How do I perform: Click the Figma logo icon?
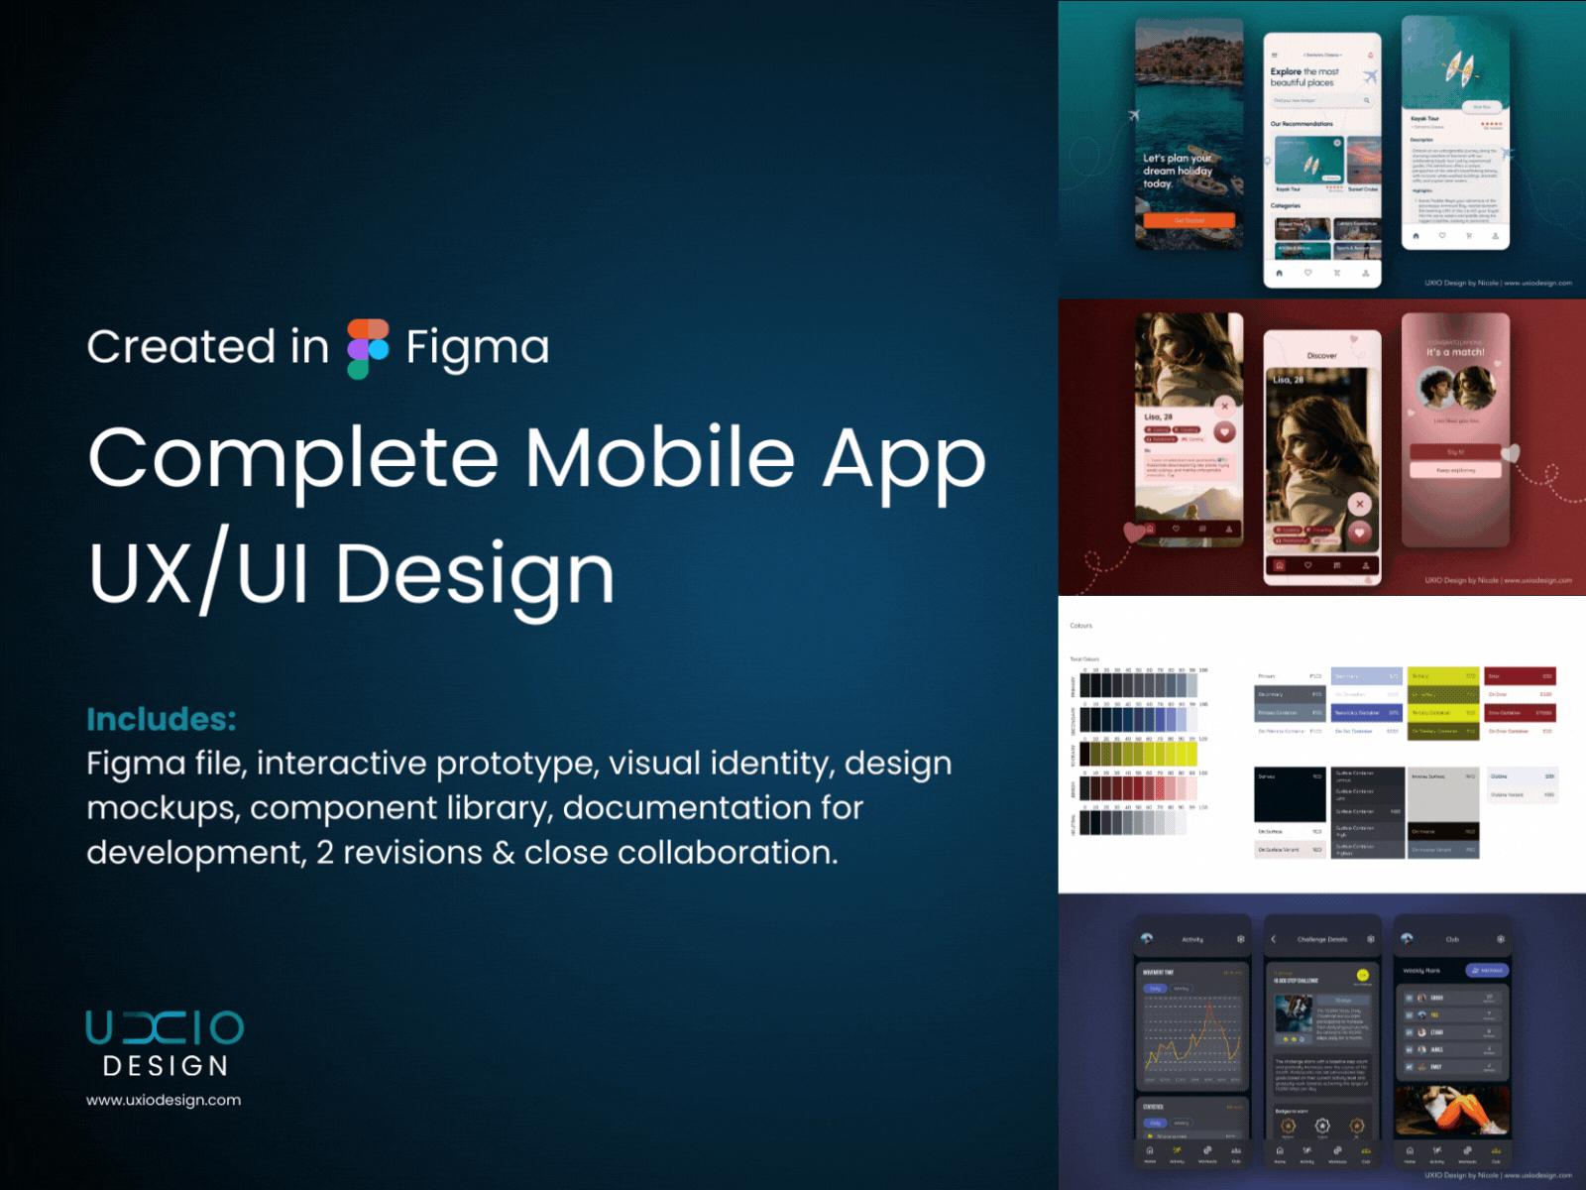coord(368,348)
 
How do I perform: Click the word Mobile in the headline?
coord(659,457)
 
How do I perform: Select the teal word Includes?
coord(162,719)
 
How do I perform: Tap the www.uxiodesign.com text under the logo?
coord(164,1100)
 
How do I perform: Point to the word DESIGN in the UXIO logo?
coord(166,1066)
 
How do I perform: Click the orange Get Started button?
coord(1189,220)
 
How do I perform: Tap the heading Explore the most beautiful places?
coord(1305,77)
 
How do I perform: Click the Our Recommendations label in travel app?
coord(1302,124)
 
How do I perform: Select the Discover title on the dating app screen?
coord(1321,355)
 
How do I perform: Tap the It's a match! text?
coord(1455,352)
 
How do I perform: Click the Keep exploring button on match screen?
coord(1455,470)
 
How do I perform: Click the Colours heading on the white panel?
coord(1080,626)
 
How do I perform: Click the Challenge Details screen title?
coord(1321,939)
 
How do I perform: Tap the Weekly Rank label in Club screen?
coord(1421,971)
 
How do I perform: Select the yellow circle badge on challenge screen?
coord(1362,975)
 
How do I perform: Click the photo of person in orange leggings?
coord(1452,1110)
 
